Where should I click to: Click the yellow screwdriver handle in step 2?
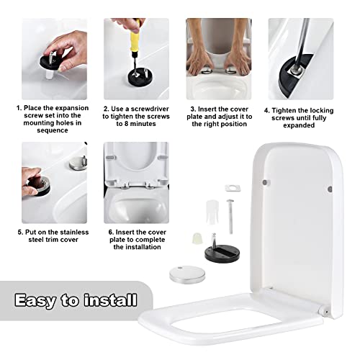click(135, 42)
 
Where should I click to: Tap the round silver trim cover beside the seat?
click(187, 274)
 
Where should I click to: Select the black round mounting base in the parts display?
click(222, 254)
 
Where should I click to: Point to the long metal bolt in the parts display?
click(230, 217)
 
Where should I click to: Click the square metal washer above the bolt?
click(233, 188)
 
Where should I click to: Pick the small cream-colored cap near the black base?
click(197, 238)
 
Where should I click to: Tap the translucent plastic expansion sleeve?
click(212, 212)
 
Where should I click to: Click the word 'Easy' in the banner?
click(35, 300)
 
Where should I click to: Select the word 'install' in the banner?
click(111, 300)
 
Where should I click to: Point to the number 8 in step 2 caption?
click(126, 124)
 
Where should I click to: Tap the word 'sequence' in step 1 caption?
click(53, 130)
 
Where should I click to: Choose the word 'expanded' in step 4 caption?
click(299, 125)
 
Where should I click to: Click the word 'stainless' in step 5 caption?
click(74, 233)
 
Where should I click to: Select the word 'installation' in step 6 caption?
click(137, 247)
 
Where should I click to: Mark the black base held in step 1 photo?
click(51, 62)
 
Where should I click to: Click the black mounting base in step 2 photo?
click(139, 77)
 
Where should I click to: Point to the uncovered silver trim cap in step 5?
click(78, 163)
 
